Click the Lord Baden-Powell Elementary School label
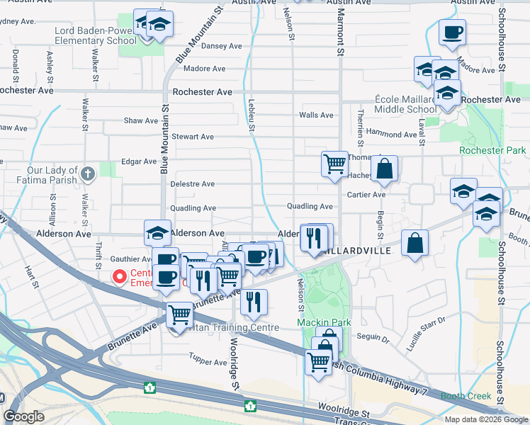[x=96, y=36]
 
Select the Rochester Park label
[x=492, y=150]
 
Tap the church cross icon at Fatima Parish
[x=88, y=174]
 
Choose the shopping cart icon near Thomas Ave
[x=334, y=164]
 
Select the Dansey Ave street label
[x=222, y=46]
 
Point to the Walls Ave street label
[x=316, y=115]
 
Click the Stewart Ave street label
[x=193, y=137]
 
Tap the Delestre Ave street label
[x=193, y=184]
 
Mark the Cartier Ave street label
[x=366, y=194]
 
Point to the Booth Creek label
[x=465, y=396]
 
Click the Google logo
[x=23, y=416]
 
